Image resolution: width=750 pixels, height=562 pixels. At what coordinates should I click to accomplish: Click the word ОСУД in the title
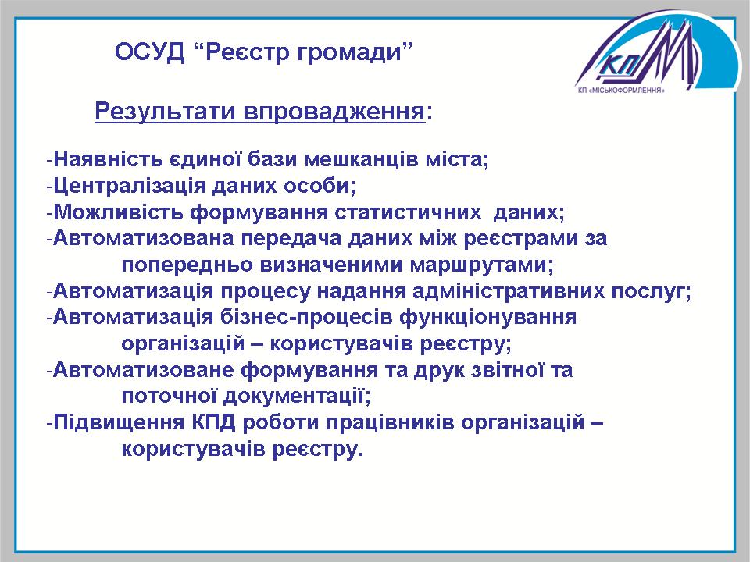[x=149, y=52]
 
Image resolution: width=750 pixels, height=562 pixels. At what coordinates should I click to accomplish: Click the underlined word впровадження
[x=334, y=112]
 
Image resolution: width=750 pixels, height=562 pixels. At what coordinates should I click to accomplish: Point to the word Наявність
[x=108, y=158]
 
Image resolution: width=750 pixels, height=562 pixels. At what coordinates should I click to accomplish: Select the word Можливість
[x=118, y=212]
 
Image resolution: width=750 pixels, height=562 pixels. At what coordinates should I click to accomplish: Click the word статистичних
[x=408, y=212]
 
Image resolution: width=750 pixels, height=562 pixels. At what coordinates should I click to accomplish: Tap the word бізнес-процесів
[x=306, y=318]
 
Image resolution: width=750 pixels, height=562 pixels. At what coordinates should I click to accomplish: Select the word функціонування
[x=487, y=318]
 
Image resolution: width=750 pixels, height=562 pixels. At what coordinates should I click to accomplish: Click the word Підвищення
[x=119, y=423]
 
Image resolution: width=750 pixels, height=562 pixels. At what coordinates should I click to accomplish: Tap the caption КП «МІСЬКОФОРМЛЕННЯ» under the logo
[x=621, y=90]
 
